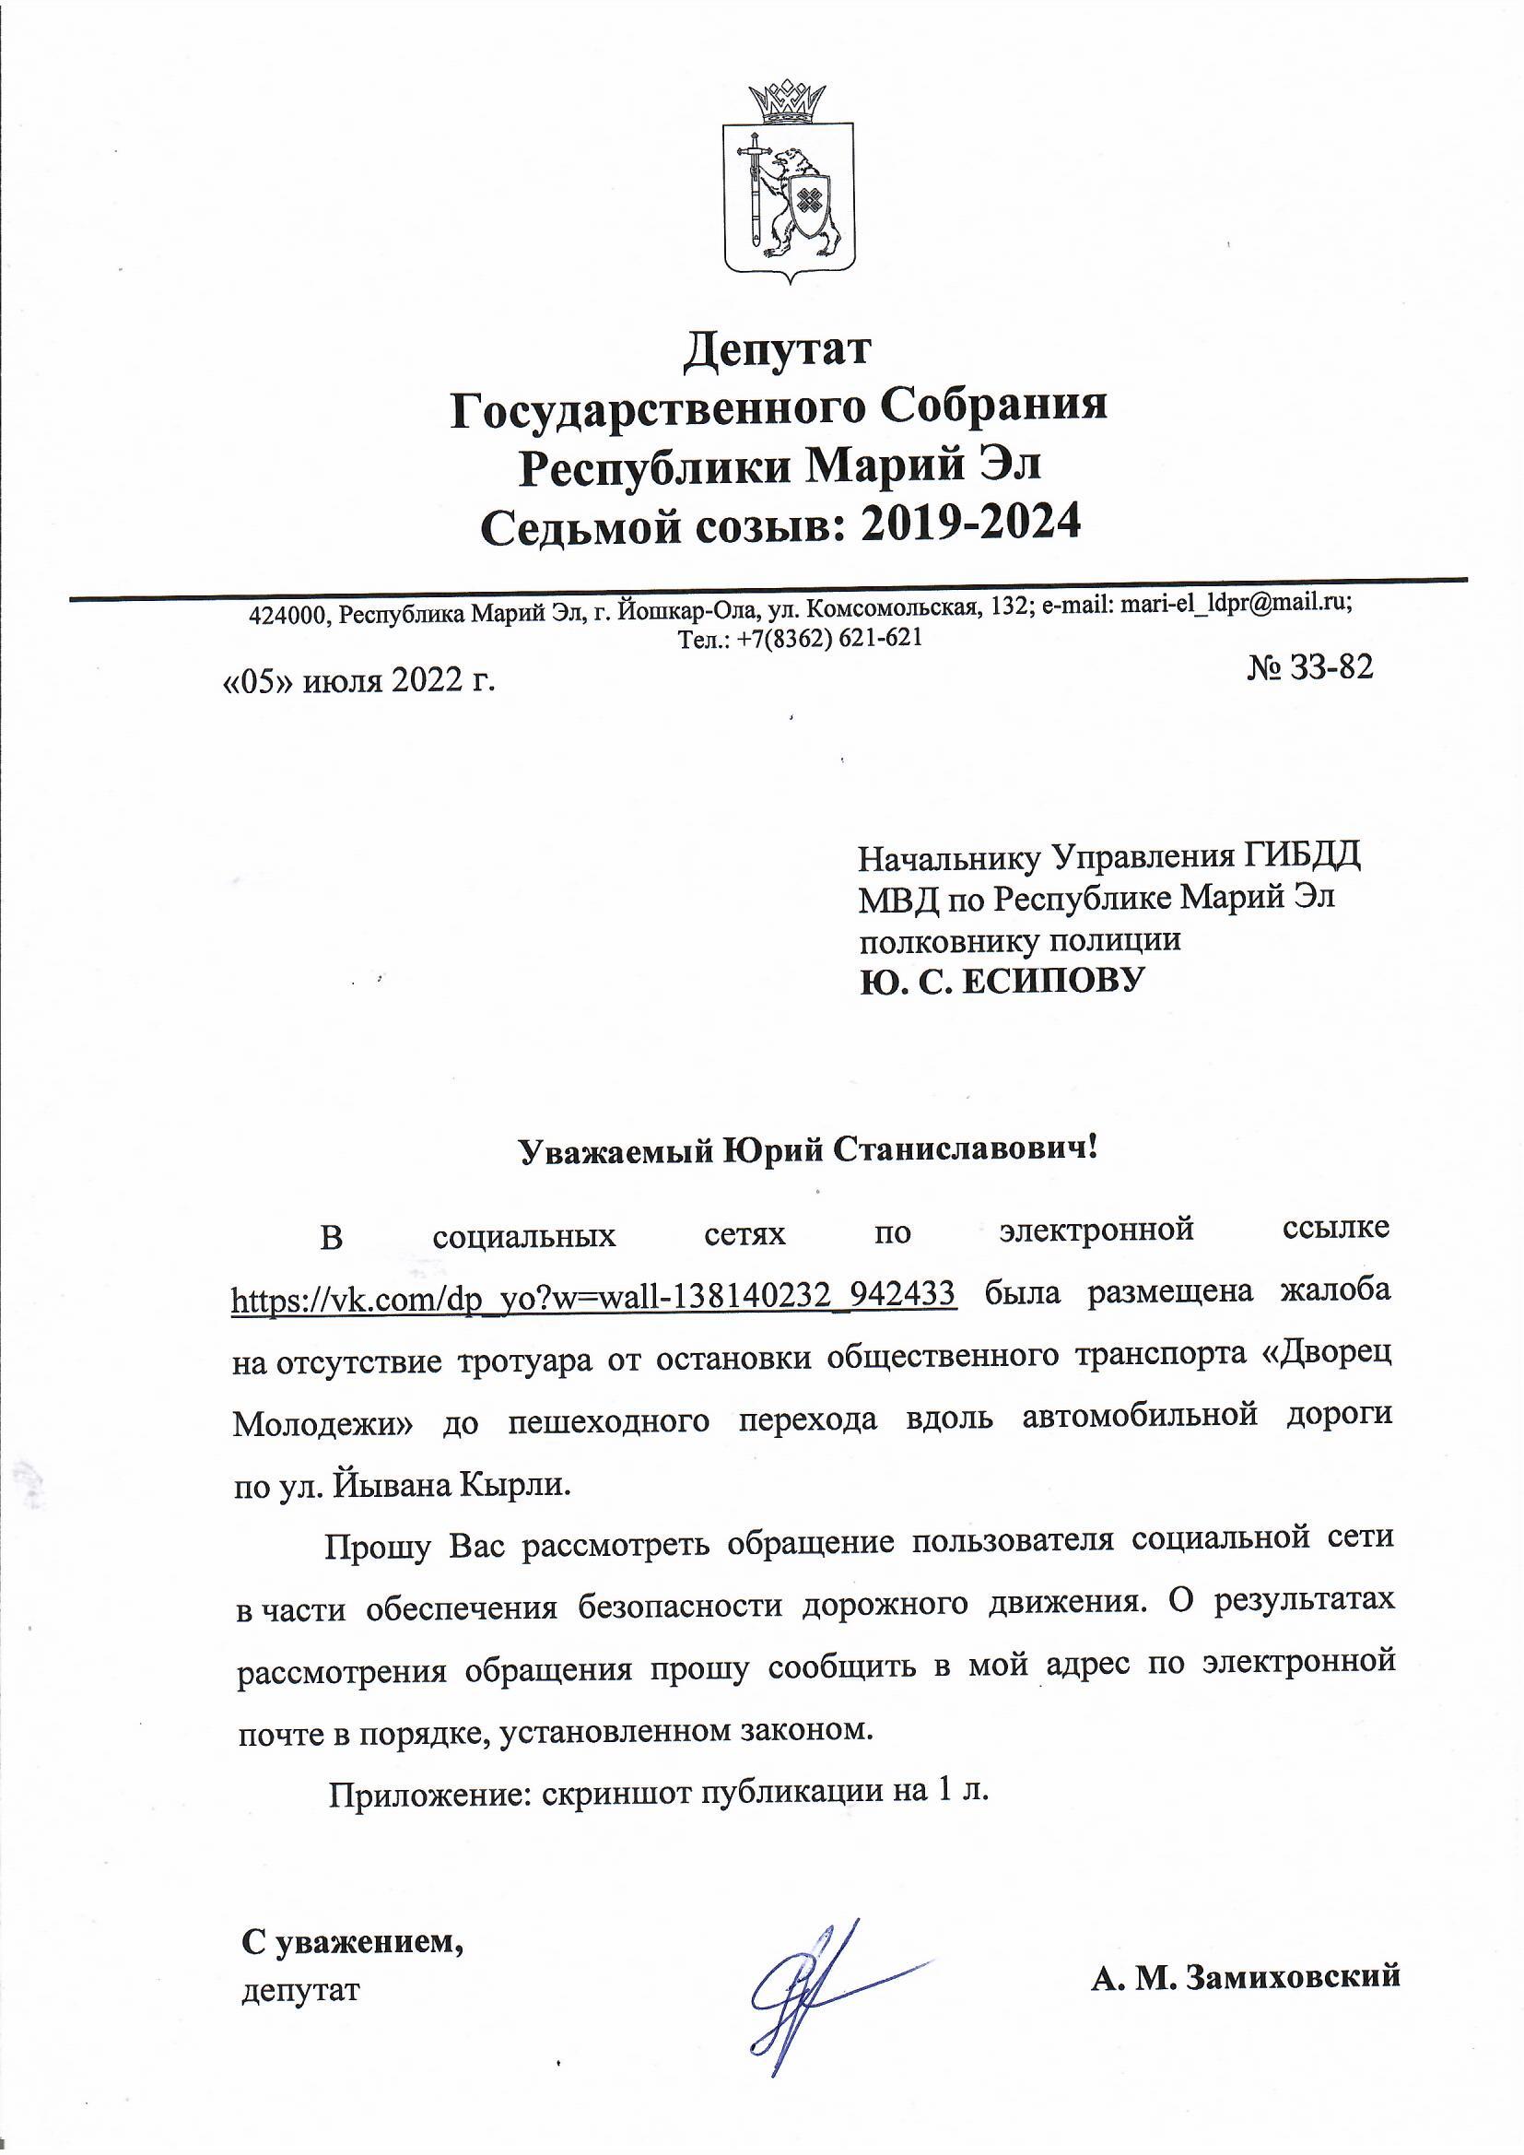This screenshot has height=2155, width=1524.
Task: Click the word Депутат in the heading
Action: pos(778,350)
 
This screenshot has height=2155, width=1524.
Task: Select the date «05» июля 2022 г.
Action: pos(358,679)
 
